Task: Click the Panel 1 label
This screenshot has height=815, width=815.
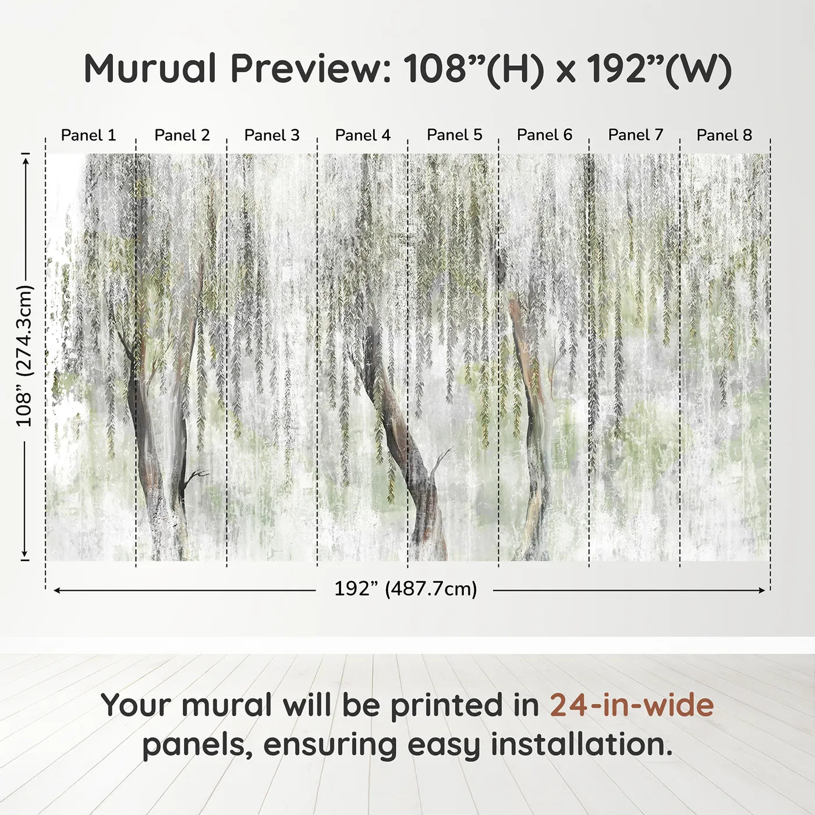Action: tap(88, 135)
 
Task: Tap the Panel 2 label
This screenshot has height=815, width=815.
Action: tap(182, 135)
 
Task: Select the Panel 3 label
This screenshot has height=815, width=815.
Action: tap(272, 135)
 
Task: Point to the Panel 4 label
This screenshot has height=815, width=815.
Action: tap(363, 135)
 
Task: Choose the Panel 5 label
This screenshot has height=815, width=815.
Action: tap(455, 135)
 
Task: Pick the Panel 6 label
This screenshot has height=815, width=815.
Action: tap(545, 135)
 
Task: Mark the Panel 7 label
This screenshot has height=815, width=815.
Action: tap(636, 135)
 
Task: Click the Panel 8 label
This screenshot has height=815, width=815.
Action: tap(724, 135)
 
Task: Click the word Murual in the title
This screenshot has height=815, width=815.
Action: tap(150, 69)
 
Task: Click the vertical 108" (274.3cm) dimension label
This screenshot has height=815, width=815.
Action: tap(24, 356)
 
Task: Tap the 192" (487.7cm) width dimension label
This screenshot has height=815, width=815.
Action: tap(405, 589)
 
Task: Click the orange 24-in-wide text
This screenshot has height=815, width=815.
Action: tap(632, 705)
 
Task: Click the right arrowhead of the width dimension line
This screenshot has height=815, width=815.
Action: tap(762, 590)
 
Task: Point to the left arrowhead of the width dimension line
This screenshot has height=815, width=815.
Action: tap(56, 590)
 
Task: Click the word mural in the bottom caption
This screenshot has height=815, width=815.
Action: tap(226, 705)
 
